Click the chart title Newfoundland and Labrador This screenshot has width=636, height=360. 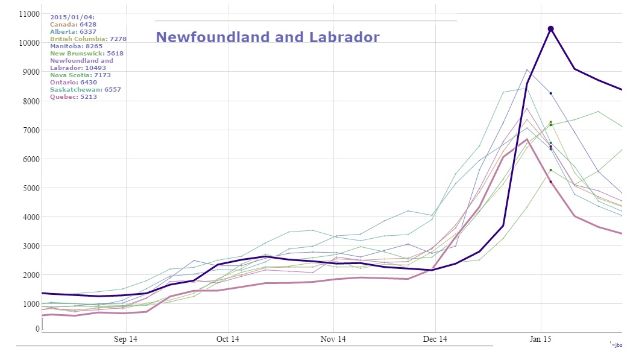268,37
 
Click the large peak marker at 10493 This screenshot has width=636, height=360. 550,29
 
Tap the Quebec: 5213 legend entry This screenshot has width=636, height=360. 74,96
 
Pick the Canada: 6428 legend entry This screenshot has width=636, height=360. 73,24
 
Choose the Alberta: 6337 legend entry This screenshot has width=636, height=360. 73,31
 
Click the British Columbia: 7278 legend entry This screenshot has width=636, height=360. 88,39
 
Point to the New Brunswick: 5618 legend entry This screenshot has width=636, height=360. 87,53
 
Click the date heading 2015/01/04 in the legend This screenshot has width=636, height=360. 72,17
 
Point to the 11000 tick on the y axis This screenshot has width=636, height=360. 29,14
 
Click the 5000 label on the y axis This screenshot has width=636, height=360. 31,188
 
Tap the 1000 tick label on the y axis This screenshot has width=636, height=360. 31,304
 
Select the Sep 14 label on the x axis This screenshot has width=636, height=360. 125,339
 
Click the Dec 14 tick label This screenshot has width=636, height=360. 435,339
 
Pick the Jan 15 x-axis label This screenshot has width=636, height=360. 540,339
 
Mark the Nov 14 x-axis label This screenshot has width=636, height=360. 333,339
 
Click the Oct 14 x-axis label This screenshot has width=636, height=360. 227,339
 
